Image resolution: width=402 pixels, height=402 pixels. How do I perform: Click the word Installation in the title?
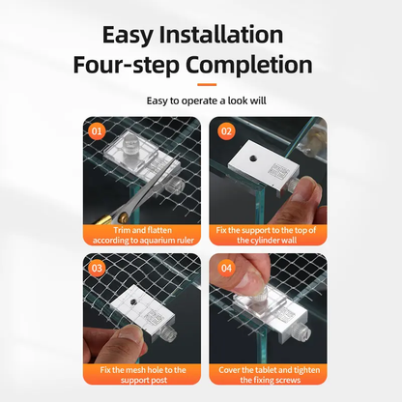(x=221, y=35)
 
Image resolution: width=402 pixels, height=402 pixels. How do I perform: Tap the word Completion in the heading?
(x=249, y=65)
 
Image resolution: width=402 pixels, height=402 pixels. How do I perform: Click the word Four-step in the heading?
(x=126, y=66)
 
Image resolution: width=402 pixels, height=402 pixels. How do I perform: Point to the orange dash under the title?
(x=207, y=85)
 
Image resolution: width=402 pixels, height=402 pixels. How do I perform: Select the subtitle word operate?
(x=199, y=101)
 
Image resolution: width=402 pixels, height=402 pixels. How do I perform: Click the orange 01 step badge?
(x=97, y=131)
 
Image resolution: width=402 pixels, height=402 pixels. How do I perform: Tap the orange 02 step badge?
(x=226, y=131)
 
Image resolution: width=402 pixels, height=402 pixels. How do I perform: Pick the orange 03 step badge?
(x=97, y=268)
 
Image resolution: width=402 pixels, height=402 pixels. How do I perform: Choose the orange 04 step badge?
(x=226, y=268)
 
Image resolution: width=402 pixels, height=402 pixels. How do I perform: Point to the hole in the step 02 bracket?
(x=253, y=158)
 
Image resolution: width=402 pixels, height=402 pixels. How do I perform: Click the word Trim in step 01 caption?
(x=122, y=230)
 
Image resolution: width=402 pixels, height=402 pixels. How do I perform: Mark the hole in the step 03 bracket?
(x=133, y=301)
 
